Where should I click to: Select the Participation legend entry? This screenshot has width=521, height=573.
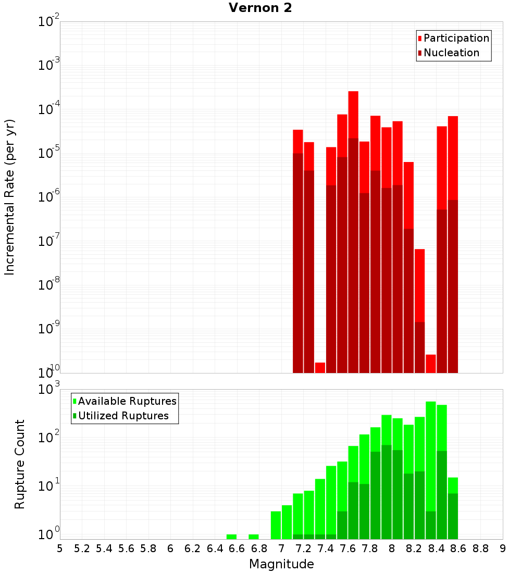pyautogui.click(x=456, y=38)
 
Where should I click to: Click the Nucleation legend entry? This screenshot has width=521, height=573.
pyautogui.click(x=451, y=53)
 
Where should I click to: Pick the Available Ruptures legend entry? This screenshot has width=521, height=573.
pyautogui.click(x=127, y=401)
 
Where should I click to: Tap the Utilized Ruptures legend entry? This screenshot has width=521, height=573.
pyautogui.click(x=123, y=416)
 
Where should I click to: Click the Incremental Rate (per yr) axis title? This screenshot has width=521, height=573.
pyautogui.click(x=9, y=197)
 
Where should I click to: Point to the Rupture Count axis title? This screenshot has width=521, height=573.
pyautogui.click(x=20, y=464)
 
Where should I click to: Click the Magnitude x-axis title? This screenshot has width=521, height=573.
pyautogui.click(x=281, y=564)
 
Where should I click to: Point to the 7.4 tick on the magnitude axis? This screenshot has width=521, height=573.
pyautogui.click(x=326, y=549)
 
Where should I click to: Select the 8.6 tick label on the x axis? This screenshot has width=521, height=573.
pyautogui.click(x=458, y=549)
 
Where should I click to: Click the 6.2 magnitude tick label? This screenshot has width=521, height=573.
pyautogui.click(x=193, y=549)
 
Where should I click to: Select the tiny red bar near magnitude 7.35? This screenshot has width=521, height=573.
pyautogui.click(x=320, y=367)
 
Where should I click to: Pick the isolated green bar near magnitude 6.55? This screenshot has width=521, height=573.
pyautogui.click(x=231, y=537)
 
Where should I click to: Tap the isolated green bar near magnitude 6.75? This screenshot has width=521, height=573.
pyautogui.click(x=254, y=537)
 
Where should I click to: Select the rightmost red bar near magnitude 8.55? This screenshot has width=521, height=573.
pyautogui.click(x=453, y=156)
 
